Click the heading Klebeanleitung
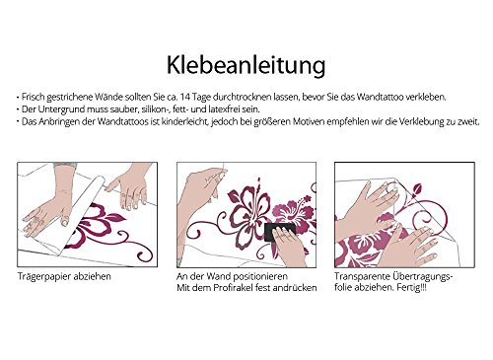point(246,66)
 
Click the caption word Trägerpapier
point(44,277)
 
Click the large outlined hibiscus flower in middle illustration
point(249,210)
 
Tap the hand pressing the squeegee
point(289,245)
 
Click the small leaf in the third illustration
point(417,189)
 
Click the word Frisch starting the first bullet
point(33,97)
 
